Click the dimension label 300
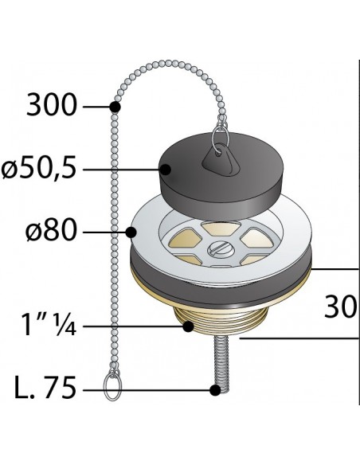point(53,105)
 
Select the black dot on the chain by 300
point(115,106)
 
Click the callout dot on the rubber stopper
point(166,169)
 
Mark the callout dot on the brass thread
point(188,326)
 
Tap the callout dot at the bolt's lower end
point(214,390)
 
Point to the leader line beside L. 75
point(159,390)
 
